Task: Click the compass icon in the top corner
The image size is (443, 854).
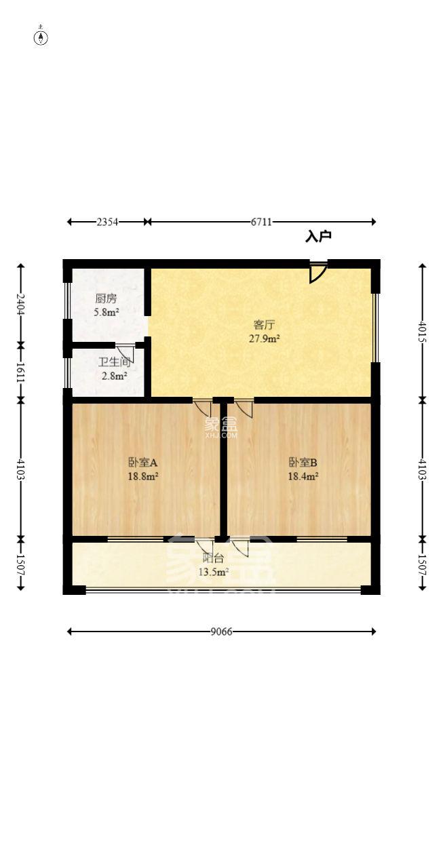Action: point(41,37)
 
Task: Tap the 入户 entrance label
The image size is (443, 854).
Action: point(317,237)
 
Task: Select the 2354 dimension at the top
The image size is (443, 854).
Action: point(108,222)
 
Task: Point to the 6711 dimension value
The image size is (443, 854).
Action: point(261,222)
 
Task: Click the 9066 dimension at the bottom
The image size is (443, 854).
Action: point(221,632)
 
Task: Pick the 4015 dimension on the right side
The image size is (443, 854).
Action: point(423,330)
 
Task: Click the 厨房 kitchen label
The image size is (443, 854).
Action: point(106,298)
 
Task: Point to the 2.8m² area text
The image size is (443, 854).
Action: point(114,376)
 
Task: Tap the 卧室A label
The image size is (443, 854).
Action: point(142,463)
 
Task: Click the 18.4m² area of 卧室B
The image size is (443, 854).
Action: point(303,476)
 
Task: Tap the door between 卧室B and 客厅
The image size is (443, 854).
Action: point(244,408)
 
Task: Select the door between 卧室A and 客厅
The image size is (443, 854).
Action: point(202,408)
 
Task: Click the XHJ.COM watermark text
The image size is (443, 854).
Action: point(221,435)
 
